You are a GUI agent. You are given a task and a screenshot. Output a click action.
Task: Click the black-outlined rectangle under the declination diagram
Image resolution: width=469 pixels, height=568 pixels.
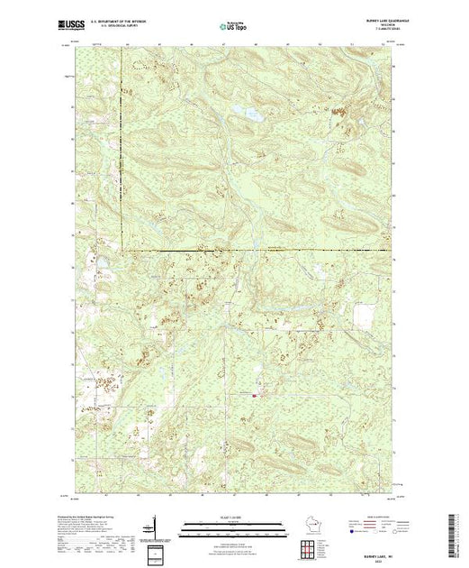[155, 549]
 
